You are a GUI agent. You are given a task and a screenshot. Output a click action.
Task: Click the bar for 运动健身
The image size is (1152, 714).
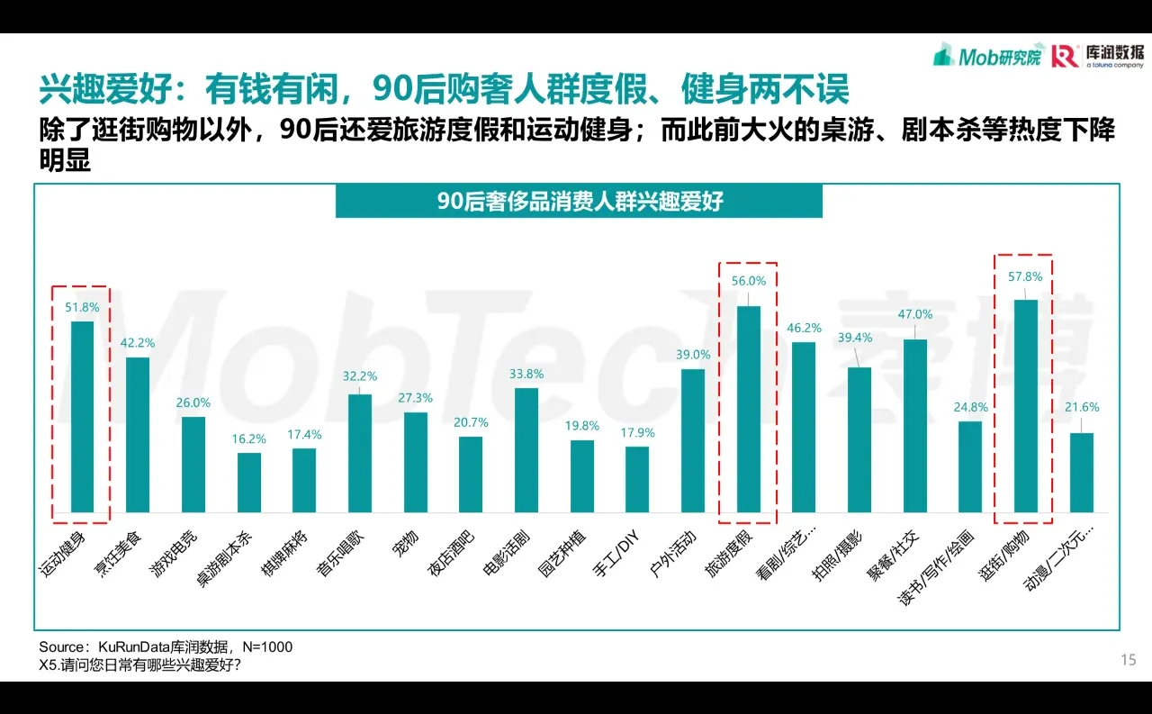(x=82, y=417)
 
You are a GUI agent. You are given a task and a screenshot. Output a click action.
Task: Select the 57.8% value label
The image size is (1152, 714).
(x=1026, y=277)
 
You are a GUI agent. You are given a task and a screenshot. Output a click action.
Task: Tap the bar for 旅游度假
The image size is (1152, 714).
(x=748, y=410)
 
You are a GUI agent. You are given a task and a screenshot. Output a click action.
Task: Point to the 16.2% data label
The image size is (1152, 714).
(x=248, y=439)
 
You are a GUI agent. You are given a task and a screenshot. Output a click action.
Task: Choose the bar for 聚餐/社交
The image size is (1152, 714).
(x=914, y=426)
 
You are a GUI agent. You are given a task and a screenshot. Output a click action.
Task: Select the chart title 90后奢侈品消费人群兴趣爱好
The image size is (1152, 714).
(x=579, y=201)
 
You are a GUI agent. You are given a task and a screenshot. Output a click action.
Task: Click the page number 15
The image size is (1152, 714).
(x=1128, y=661)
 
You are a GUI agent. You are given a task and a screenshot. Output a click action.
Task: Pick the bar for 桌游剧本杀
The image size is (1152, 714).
(x=248, y=483)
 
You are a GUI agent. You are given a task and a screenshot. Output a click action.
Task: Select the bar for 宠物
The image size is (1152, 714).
(x=415, y=463)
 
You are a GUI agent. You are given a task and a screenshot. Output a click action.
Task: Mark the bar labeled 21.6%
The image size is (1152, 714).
(x=1081, y=473)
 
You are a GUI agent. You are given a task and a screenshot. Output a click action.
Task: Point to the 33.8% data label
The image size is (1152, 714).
(x=526, y=375)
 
